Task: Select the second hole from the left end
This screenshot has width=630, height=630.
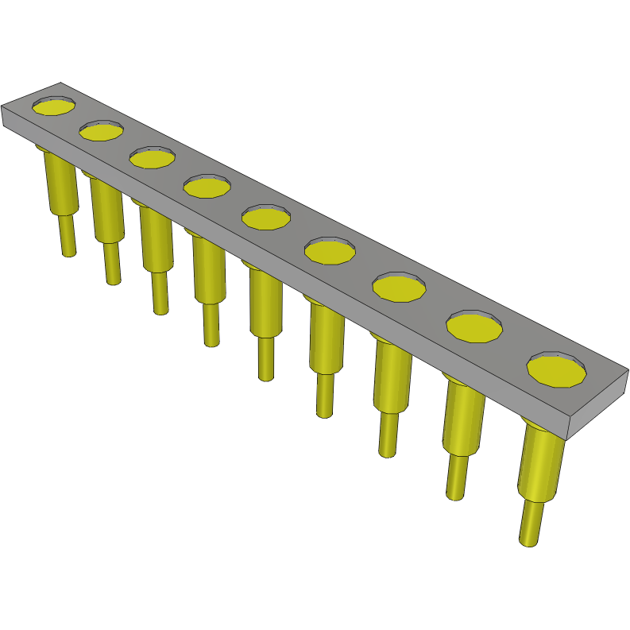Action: [101, 131]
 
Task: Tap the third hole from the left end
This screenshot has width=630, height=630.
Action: [153, 158]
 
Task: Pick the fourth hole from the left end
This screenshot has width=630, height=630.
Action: [207, 187]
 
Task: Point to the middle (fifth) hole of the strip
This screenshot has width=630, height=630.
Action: [266, 217]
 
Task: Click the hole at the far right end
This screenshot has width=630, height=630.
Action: [557, 371]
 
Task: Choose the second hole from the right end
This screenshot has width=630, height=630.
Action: [475, 327]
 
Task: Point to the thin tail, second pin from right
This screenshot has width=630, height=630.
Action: [456, 476]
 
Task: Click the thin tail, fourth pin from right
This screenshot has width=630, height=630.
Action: [325, 395]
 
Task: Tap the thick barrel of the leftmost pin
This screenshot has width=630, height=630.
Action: [60, 183]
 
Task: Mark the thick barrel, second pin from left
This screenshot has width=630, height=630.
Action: [107, 211]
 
